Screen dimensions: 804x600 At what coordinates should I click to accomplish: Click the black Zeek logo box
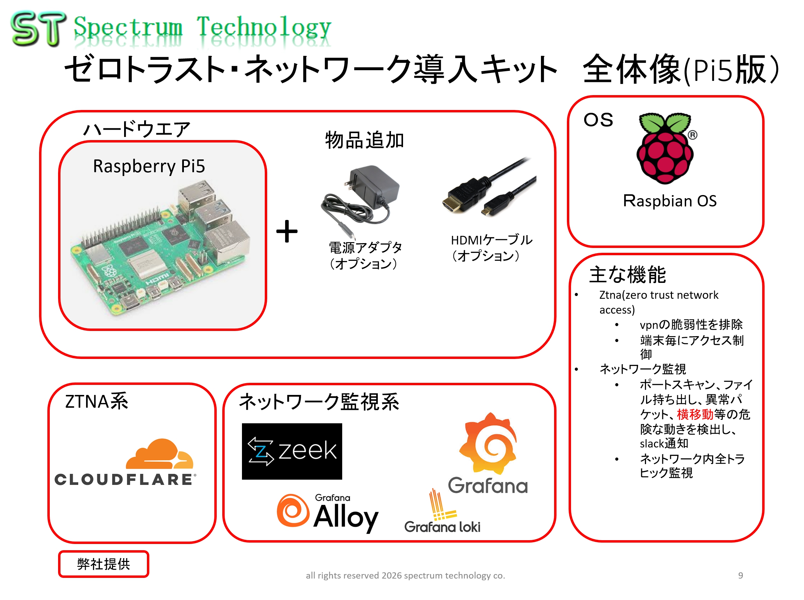click(x=292, y=451)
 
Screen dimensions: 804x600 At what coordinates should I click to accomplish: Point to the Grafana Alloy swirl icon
click(x=293, y=510)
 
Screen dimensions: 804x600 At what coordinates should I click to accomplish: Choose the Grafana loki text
click(x=442, y=527)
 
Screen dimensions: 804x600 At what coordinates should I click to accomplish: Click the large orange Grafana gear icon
click(x=488, y=443)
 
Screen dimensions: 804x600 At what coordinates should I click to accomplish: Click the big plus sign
click(x=287, y=231)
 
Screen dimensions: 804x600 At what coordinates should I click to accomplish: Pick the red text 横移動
click(x=695, y=414)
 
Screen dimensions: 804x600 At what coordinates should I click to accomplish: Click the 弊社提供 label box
click(x=103, y=564)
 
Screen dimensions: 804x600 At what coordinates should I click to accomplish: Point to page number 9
click(x=740, y=576)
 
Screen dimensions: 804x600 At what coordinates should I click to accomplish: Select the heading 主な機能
click(x=628, y=275)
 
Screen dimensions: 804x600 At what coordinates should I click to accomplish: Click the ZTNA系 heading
click(x=96, y=402)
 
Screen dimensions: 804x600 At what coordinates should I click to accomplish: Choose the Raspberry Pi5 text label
click(x=149, y=166)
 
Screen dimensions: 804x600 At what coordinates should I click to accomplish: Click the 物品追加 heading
click(x=364, y=140)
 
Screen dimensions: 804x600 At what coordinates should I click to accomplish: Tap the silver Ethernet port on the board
click(x=228, y=241)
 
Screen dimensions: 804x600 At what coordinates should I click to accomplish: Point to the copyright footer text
click(x=405, y=576)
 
